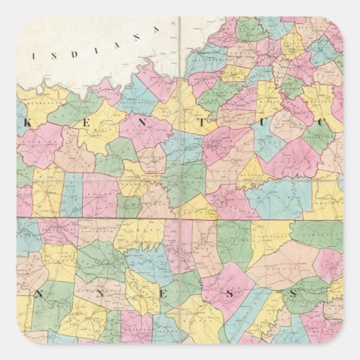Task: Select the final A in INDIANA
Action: click(x=156, y=28)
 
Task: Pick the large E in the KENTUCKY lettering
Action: click(x=88, y=124)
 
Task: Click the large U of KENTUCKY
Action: click(x=274, y=124)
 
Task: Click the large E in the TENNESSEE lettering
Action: click(x=168, y=295)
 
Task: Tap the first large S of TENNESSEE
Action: click(x=230, y=294)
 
